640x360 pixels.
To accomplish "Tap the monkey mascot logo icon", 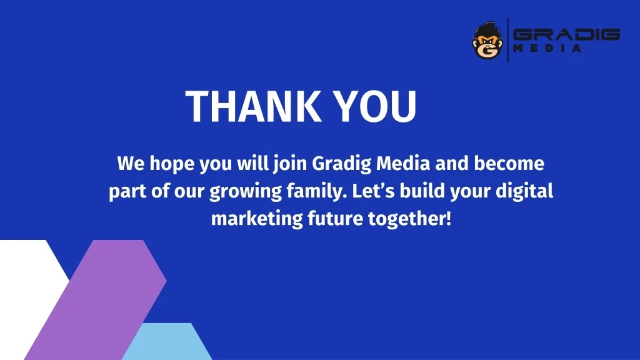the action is [x=487, y=41].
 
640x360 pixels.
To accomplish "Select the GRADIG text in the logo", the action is [x=566, y=34].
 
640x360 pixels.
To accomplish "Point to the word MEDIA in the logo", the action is [x=547, y=48].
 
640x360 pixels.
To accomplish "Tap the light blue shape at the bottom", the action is [x=167, y=342].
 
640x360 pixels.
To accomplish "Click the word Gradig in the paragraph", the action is [x=342, y=164].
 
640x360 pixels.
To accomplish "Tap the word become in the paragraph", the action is [x=509, y=164].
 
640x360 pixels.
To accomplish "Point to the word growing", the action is [x=245, y=192].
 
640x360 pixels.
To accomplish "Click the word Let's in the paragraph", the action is [x=374, y=191].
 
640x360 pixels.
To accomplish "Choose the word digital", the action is [x=524, y=191].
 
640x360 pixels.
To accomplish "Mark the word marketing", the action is [x=257, y=219].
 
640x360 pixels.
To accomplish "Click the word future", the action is [x=335, y=219].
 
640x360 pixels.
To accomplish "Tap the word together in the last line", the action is [x=409, y=219].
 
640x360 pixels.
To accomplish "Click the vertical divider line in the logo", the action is [x=507, y=41].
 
